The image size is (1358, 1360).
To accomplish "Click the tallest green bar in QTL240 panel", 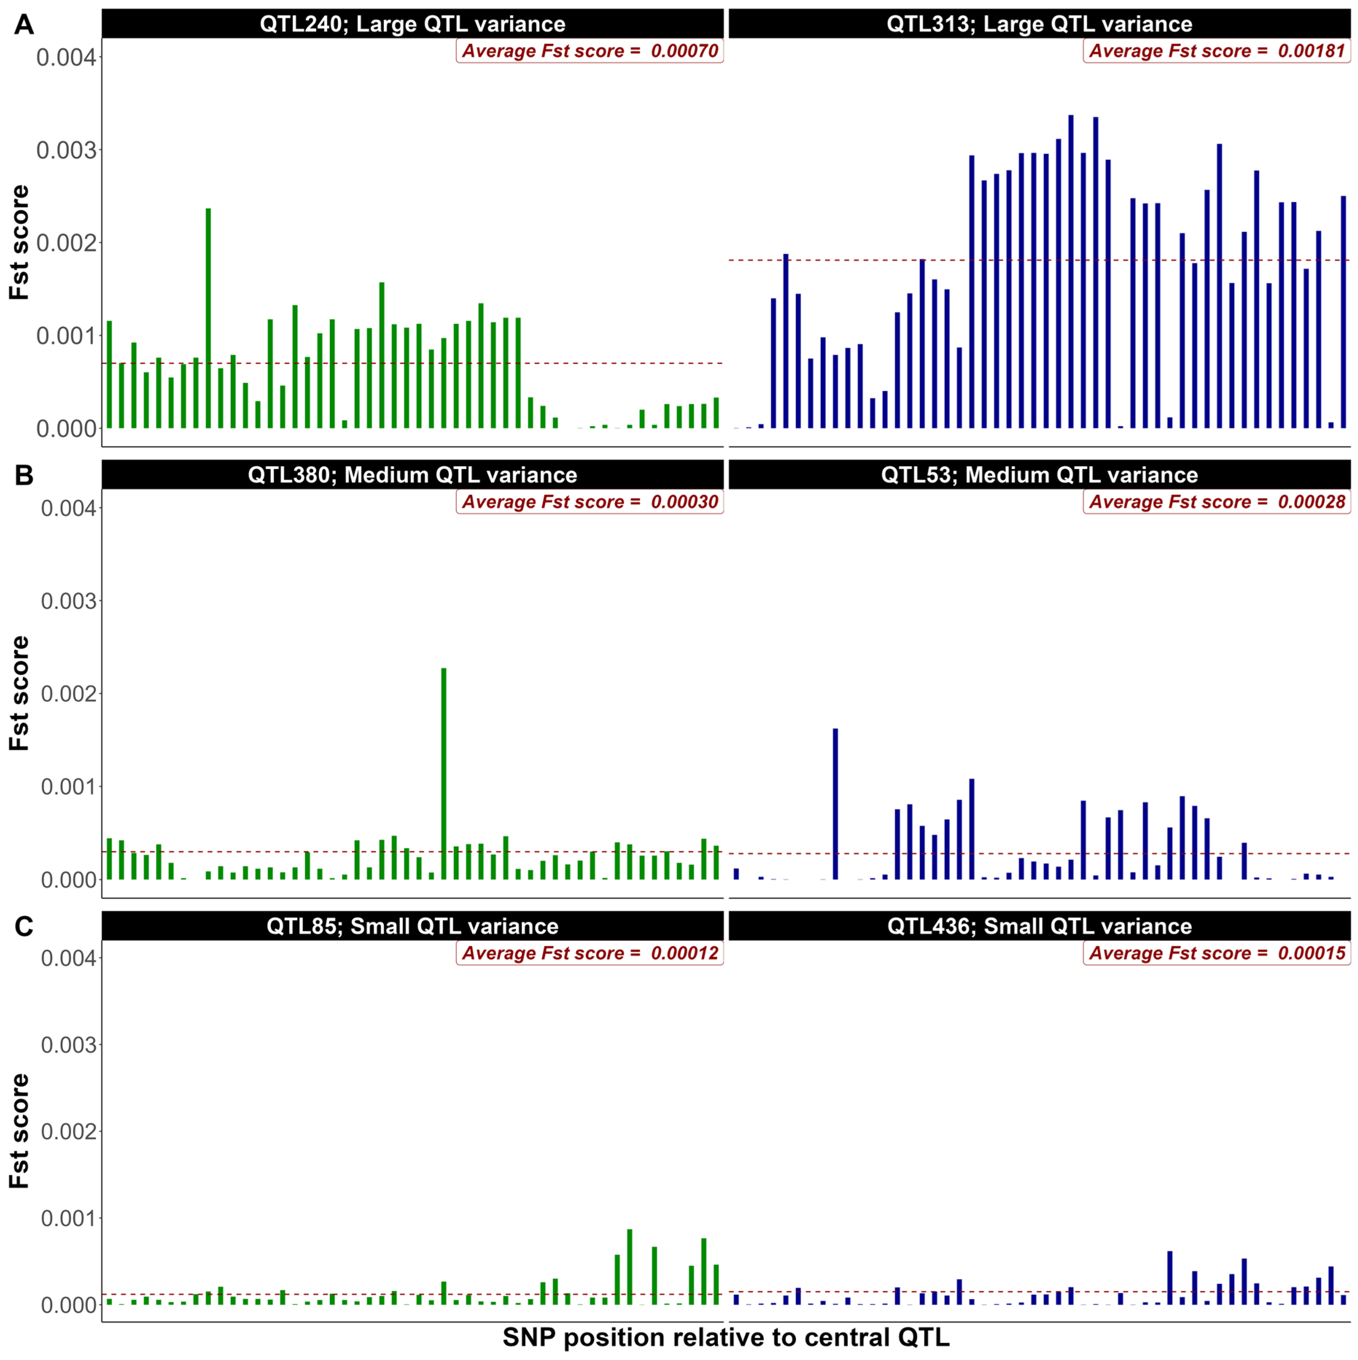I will point(208,318).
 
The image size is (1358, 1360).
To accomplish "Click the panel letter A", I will point(24,25).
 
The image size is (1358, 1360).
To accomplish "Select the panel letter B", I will point(24,476).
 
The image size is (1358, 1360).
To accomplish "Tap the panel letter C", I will point(24,926).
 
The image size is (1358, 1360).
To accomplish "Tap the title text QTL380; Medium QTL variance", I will point(412,475).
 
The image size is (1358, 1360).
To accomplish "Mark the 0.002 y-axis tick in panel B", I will point(68,694).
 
